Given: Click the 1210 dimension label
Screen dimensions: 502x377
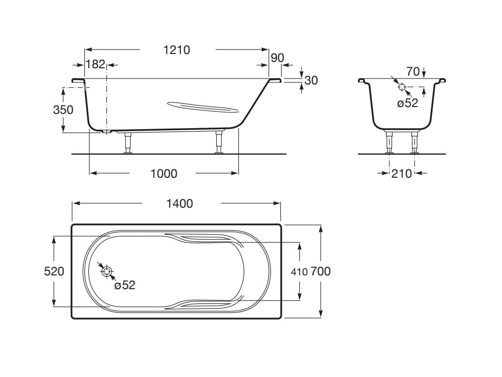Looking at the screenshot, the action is [x=176, y=50].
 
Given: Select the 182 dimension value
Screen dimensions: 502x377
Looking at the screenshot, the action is [x=96, y=64].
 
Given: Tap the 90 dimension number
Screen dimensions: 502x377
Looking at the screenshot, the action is [x=277, y=58].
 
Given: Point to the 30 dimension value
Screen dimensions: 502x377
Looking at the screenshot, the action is [x=311, y=81].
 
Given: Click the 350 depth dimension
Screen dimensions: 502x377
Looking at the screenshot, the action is [x=63, y=110].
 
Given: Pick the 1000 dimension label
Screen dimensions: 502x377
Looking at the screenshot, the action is [x=164, y=174].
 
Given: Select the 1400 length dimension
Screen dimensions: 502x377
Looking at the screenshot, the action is [x=179, y=204].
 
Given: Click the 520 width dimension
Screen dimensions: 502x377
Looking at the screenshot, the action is [x=54, y=271].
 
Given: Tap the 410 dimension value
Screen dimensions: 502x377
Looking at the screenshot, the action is [x=299, y=272].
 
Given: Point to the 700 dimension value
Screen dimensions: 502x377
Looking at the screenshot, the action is [x=321, y=271].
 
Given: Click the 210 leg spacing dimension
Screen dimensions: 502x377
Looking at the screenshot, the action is [x=402, y=174].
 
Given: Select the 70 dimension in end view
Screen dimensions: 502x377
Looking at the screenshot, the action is [x=413, y=72].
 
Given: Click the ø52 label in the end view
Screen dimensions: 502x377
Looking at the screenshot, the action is [x=407, y=103].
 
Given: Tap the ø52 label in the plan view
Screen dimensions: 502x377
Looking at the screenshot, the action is [x=125, y=285].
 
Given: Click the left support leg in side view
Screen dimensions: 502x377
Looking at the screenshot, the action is [x=128, y=143].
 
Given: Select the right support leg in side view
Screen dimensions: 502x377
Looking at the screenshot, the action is [x=219, y=142].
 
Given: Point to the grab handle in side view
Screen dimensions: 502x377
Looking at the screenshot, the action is [x=203, y=107].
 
